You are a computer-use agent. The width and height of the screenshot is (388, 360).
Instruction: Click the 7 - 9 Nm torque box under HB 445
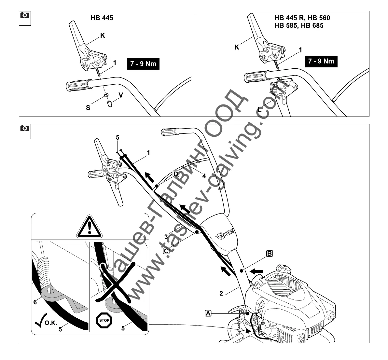tap(143, 64)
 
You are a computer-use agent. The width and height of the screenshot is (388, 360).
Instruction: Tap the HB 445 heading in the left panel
tap(102, 18)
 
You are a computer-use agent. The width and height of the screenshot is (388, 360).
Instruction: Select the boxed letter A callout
tap(208, 313)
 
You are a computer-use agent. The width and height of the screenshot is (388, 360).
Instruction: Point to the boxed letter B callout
tap(270, 253)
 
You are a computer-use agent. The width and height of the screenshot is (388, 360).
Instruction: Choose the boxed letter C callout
tap(166, 251)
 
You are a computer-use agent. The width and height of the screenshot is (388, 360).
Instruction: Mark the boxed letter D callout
tap(176, 173)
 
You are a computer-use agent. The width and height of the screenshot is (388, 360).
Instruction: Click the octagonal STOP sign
tap(104, 320)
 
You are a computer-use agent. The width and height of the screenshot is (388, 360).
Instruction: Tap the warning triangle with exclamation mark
tap(90, 226)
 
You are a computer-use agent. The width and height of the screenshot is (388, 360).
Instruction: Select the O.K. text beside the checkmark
tap(50, 323)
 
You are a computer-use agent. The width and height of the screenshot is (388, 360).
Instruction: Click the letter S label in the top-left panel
tap(88, 107)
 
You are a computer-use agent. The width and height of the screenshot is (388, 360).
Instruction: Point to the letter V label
tap(121, 95)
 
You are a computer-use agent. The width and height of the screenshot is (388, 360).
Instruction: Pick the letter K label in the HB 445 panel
tap(103, 35)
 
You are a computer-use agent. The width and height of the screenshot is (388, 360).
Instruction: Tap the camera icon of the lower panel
tap(25, 128)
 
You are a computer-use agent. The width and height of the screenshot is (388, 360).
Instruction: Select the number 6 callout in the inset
tap(35, 302)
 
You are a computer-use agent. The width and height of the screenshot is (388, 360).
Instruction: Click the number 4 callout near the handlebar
tap(204, 176)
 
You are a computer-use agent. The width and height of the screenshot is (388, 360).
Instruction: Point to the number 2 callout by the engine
tap(221, 293)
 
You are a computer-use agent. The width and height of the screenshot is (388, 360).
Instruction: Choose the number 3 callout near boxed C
tap(166, 236)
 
